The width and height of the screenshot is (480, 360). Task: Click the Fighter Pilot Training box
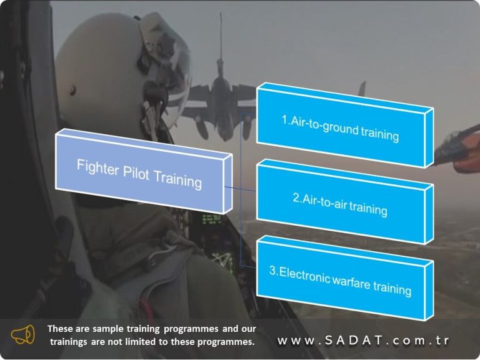point(139,173)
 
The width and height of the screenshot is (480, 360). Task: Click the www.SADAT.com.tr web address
point(363,341)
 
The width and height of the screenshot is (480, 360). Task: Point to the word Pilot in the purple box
point(136,172)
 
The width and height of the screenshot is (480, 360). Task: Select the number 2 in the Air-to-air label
point(296,197)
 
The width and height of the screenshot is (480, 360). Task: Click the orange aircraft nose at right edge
point(459,150)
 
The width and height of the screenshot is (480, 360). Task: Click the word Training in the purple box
point(178,179)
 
